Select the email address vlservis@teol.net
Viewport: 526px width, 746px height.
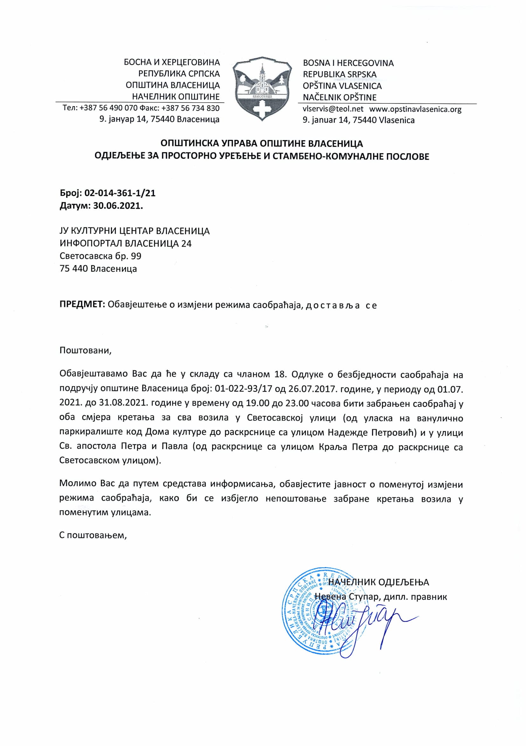coord(333,109)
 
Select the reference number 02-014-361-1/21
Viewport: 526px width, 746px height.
coord(120,193)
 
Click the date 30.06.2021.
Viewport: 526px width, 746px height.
coord(118,206)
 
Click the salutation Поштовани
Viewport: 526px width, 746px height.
coord(86,351)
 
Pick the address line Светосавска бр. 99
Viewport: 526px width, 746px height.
coord(100,256)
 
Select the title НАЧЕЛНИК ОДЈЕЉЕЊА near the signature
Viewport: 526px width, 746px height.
coord(378,582)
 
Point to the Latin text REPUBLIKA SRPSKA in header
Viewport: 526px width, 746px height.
coord(339,74)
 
